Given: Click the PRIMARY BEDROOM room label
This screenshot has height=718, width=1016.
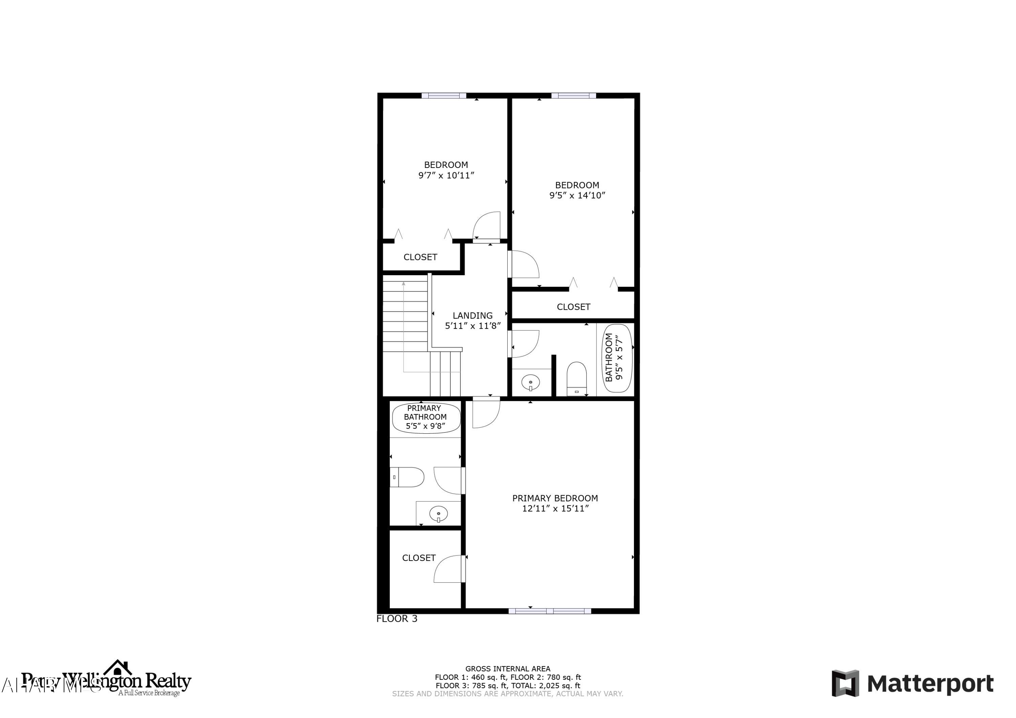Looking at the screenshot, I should coord(555,498).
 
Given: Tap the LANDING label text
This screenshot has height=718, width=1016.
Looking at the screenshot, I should coord(472,316).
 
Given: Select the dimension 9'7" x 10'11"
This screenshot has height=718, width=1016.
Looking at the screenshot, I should coord(446,175).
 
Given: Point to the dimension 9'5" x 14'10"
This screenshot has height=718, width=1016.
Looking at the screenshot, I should coord(577,196).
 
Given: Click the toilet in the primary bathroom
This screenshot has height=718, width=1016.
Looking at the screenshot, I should coord(407,477).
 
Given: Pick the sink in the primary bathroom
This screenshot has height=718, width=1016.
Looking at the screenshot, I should coord(438,514).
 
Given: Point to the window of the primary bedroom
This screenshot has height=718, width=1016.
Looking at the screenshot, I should coord(550,611).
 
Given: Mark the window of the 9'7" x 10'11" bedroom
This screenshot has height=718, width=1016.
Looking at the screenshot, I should coord(444,95).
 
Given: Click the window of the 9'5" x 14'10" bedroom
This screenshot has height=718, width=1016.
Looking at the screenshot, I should coord(573,95).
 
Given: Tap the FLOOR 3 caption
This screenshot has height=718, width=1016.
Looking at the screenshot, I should coord(397,619).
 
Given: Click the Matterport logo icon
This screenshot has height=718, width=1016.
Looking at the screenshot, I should coord(845,683).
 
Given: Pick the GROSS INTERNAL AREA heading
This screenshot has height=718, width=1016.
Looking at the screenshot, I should coord(508,669).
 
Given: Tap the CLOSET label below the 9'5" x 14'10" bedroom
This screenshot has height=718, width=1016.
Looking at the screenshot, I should coord(573,307).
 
